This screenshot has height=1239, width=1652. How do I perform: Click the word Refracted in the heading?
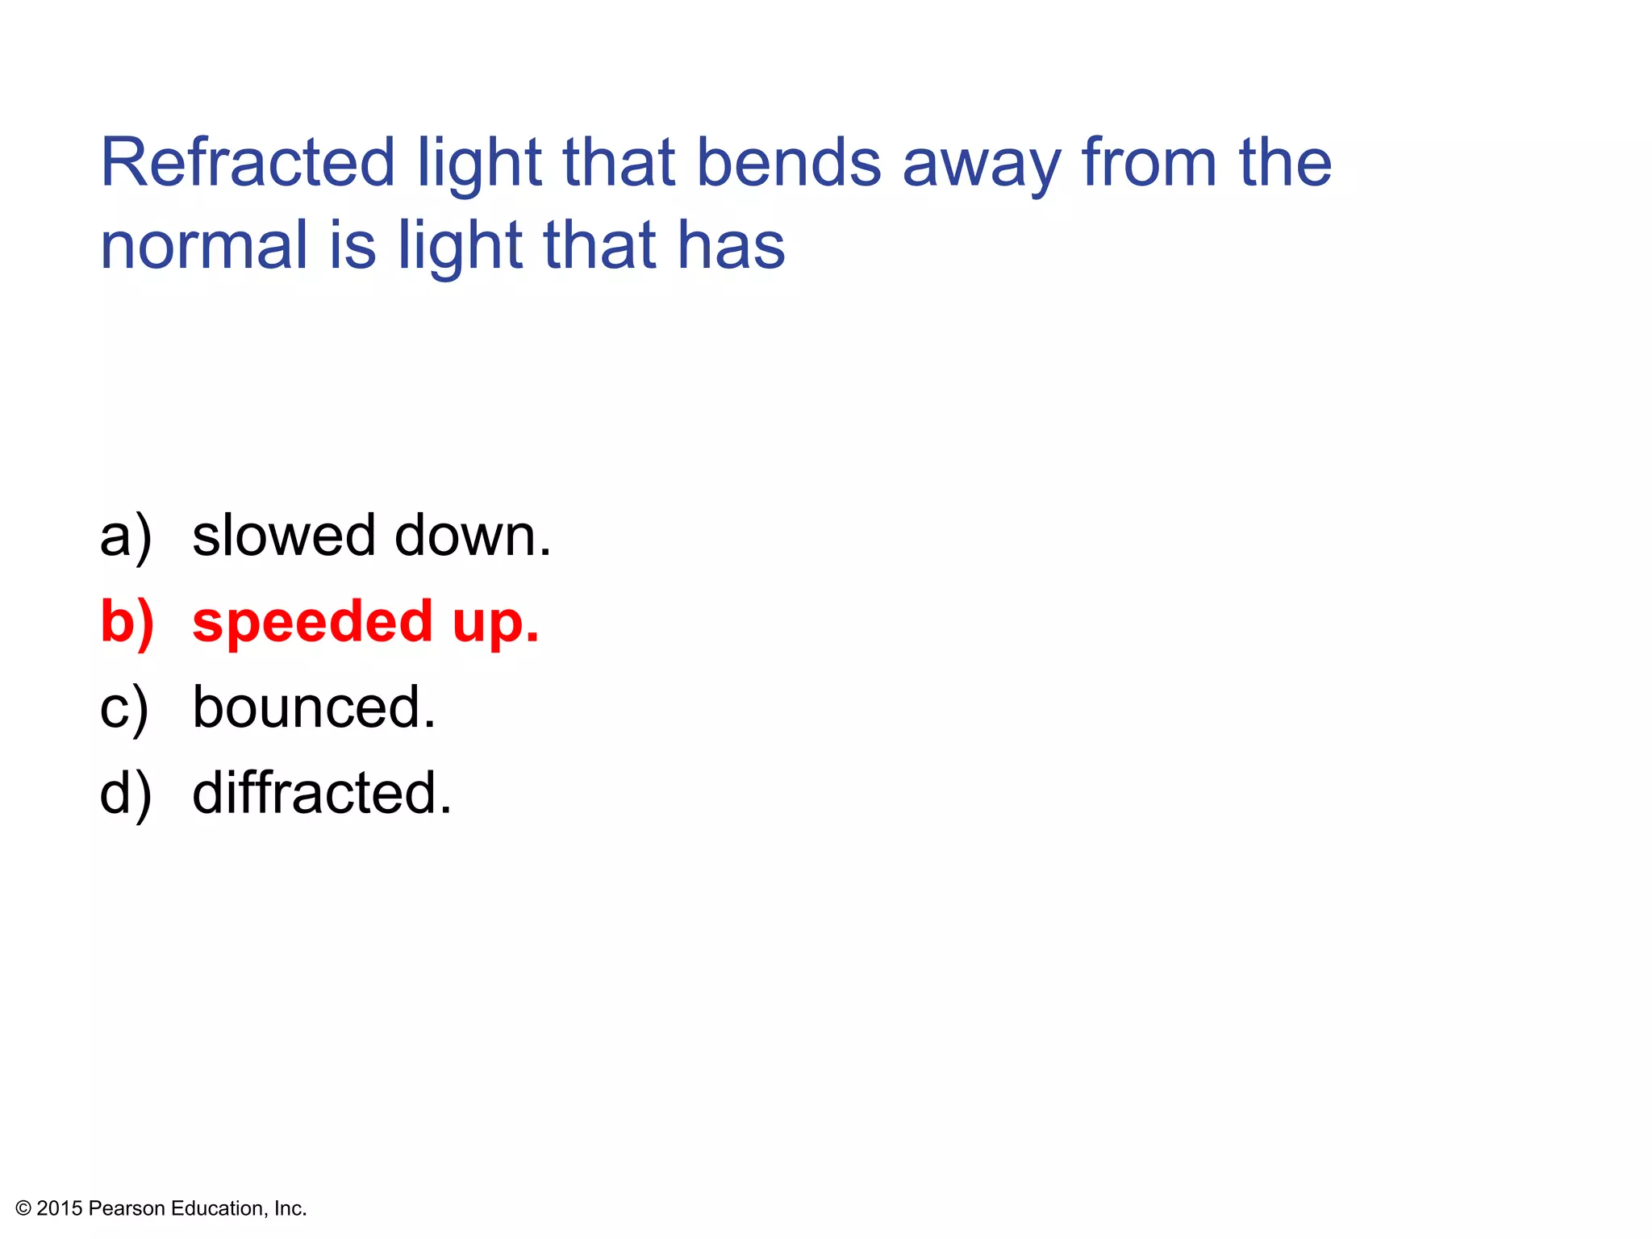tap(247, 163)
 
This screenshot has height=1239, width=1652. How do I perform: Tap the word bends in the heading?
tap(788, 163)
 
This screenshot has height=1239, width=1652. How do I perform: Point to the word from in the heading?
tap(1148, 163)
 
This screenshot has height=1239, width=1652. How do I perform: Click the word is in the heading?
tap(353, 245)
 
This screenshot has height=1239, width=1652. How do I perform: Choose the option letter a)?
tap(126, 536)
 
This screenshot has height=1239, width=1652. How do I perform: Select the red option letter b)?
tap(127, 623)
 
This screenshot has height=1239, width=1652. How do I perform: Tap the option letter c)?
tap(124, 708)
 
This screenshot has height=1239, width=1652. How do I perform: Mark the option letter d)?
tap(126, 794)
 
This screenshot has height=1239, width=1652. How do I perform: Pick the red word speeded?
tap(313, 623)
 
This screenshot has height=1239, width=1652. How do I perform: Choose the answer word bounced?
tap(314, 707)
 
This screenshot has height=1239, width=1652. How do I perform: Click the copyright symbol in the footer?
tap(23, 1208)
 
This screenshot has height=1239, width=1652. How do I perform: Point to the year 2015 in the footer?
tap(60, 1208)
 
